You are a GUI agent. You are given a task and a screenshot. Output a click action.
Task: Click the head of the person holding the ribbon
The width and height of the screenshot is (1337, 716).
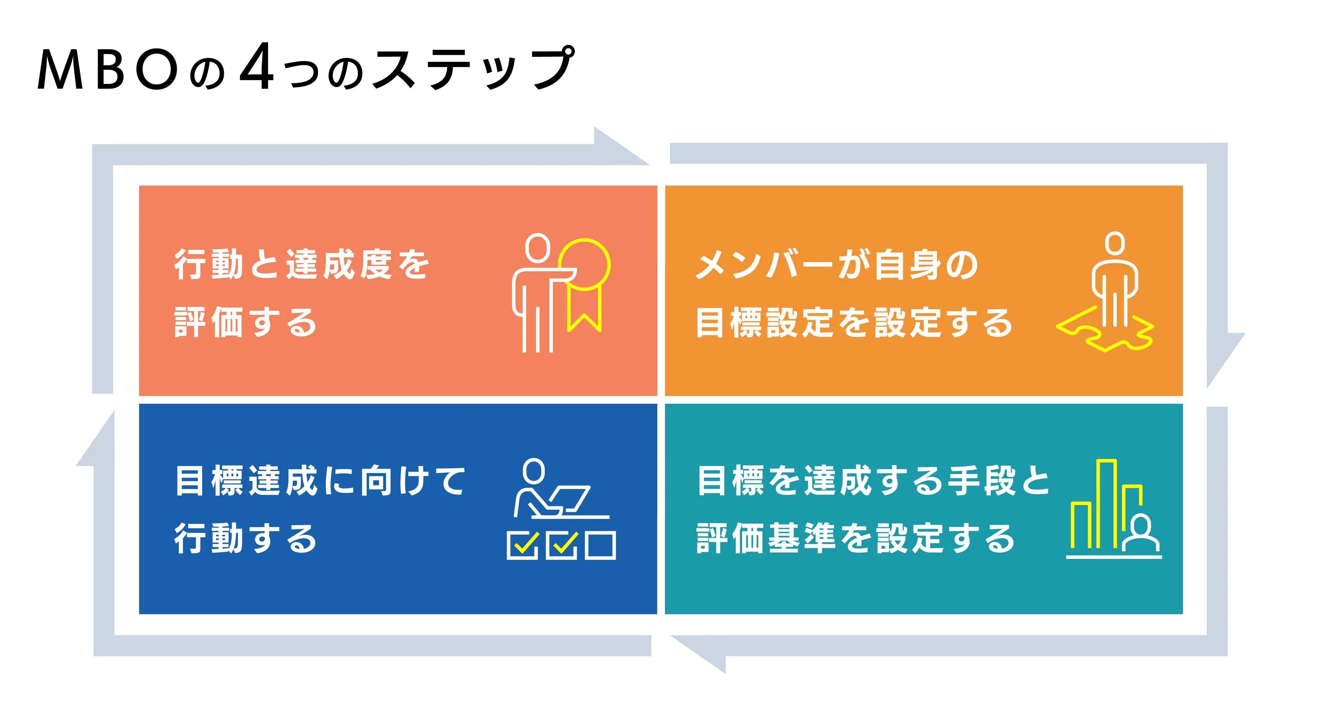tap(537, 248)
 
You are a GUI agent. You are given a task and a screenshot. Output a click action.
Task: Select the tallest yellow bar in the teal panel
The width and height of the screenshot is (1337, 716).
tap(1106, 504)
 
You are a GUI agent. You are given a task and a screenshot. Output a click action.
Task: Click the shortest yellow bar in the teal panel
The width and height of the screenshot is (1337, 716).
tap(1081, 525)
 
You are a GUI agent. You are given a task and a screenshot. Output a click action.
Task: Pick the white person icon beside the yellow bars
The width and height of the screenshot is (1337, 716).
tap(1141, 533)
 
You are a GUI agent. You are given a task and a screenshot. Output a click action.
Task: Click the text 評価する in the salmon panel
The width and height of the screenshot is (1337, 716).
tap(246, 323)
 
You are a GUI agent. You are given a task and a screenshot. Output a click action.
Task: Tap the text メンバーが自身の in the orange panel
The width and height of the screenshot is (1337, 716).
tap(837, 265)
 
